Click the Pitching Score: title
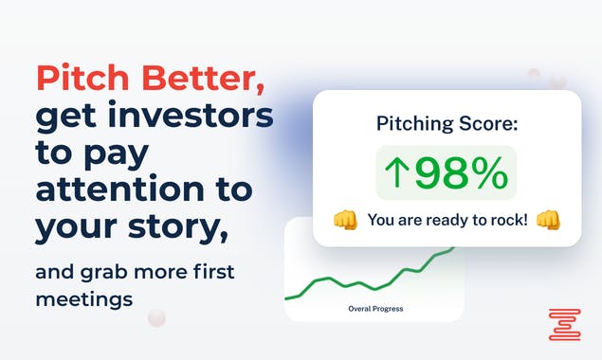pos(447,123)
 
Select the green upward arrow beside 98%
pos(396,173)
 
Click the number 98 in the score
pos(443,173)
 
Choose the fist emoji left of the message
pos(345,220)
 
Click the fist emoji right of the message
pos(548,220)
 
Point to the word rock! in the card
pos(502,220)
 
